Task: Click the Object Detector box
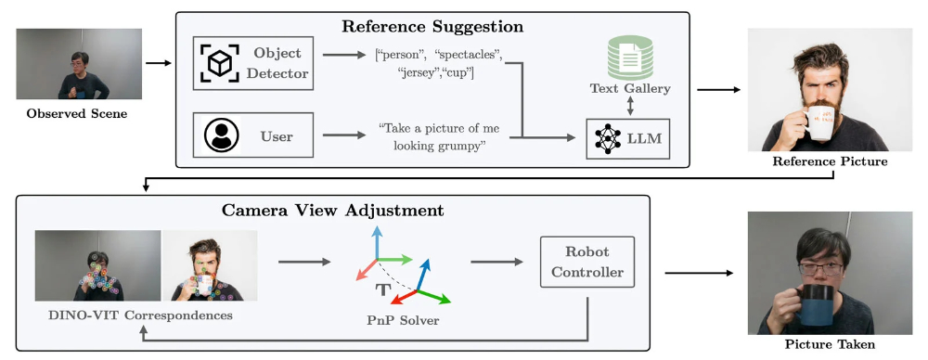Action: coord(252,63)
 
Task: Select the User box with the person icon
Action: coord(252,136)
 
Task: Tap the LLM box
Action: coord(628,138)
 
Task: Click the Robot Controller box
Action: coord(587,263)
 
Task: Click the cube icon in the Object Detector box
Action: coord(219,63)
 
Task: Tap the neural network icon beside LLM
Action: coord(608,139)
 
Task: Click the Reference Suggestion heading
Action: coord(432,27)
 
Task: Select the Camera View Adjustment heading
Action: coord(332,211)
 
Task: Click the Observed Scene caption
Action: coord(77,113)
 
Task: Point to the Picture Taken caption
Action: coord(829,344)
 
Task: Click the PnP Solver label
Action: coord(403,320)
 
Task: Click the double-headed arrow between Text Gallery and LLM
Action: coord(630,107)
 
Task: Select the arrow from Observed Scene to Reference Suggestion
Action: coord(158,63)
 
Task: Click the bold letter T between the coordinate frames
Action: coord(383,289)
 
